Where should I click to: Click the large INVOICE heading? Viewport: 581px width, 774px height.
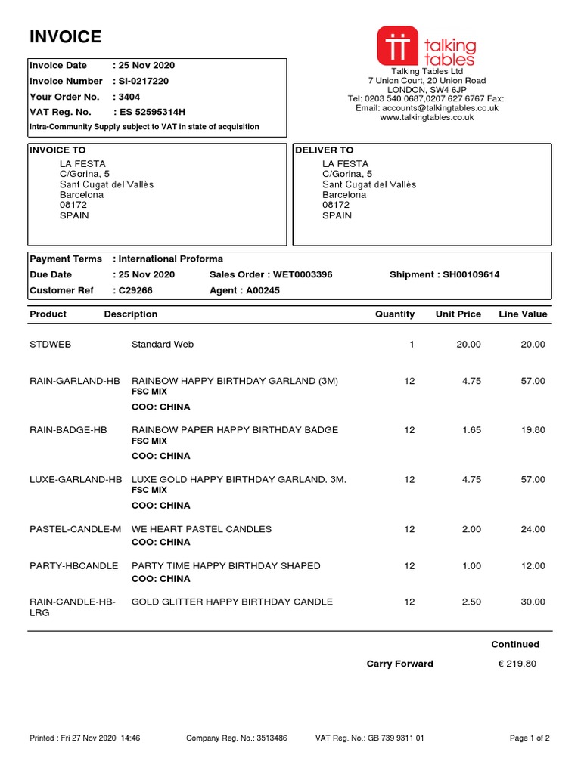click(x=65, y=36)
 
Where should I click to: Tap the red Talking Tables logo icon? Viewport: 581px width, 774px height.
click(x=398, y=45)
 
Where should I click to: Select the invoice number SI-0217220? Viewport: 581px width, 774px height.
click(x=143, y=81)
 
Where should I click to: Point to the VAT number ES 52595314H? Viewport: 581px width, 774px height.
click(x=152, y=112)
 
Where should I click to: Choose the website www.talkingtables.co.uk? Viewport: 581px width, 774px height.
click(x=427, y=117)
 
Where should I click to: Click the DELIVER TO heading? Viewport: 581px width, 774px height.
click(x=324, y=150)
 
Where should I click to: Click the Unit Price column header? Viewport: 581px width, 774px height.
click(x=458, y=314)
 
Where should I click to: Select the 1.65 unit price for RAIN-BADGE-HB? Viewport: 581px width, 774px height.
click(x=471, y=430)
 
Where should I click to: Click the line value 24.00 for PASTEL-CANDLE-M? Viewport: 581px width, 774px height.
click(x=533, y=529)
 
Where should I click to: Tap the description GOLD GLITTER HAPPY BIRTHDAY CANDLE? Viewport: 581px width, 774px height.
click(x=231, y=602)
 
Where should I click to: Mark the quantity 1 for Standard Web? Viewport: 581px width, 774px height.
click(x=412, y=345)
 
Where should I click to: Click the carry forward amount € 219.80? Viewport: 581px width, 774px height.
click(x=517, y=664)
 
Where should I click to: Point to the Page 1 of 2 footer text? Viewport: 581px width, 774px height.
click(x=530, y=738)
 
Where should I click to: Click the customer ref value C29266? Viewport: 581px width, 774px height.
click(x=135, y=290)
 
